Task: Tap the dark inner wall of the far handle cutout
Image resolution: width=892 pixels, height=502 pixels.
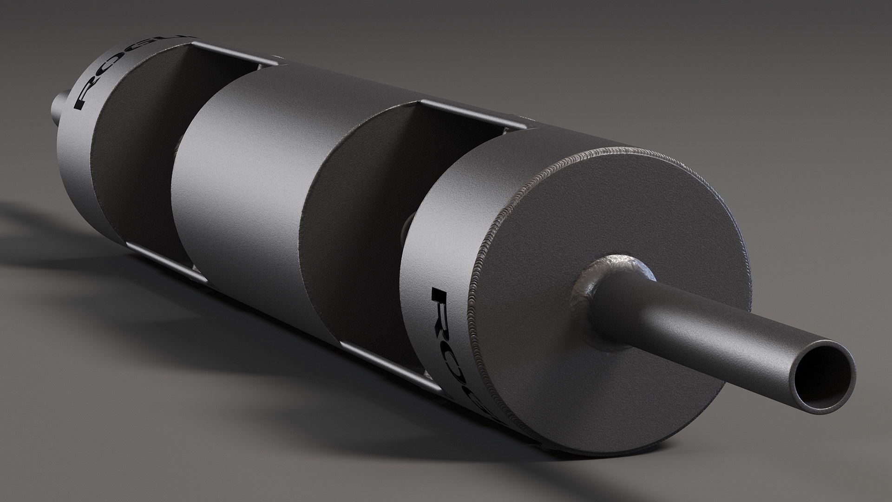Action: [x=135, y=149]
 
